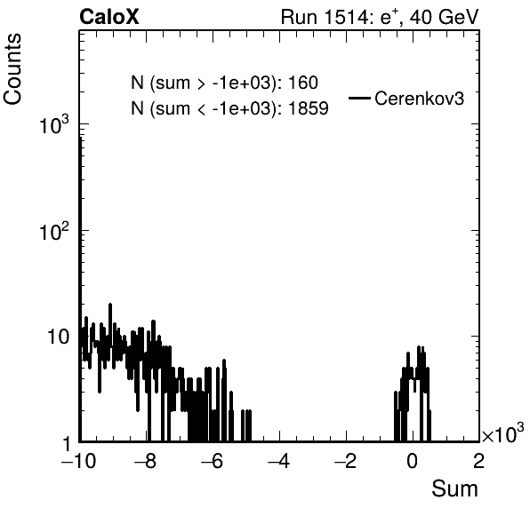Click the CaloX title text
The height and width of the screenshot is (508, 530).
pyautogui.click(x=109, y=17)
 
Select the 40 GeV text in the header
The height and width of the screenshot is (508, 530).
pyautogui.click(x=444, y=17)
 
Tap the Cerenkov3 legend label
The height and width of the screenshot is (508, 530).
pyautogui.click(x=419, y=99)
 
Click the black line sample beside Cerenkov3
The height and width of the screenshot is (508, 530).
pyautogui.click(x=359, y=99)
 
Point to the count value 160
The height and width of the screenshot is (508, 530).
pyautogui.click(x=303, y=83)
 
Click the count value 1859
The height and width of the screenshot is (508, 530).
pyautogui.click(x=309, y=108)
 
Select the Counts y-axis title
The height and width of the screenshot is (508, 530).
pyautogui.click(x=12, y=69)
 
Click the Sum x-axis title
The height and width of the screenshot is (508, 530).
pyautogui.click(x=455, y=488)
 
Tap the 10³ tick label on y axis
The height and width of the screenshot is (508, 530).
pyautogui.click(x=54, y=125)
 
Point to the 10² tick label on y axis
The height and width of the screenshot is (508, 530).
pyautogui.click(x=54, y=232)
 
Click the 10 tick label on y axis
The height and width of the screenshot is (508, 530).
pyautogui.click(x=58, y=337)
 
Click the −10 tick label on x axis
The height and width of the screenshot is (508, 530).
pyautogui.click(x=78, y=461)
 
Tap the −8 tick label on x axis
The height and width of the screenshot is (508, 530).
pyautogui.click(x=145, y=461)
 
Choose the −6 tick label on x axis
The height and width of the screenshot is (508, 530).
pyautogui.click(x=212, y=461)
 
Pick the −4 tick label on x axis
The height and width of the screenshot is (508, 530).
pyautogui.click(x=278, y=461)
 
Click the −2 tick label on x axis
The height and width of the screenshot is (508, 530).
pyautogui.click(x=345, y=461)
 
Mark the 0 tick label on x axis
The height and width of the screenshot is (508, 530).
pyautogui.click(x=412, y=461)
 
